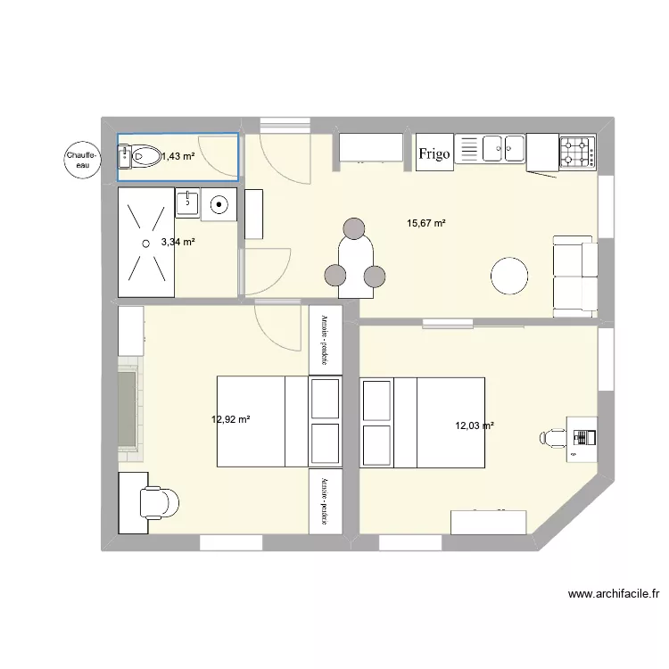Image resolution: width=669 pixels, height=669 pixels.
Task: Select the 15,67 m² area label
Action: (425, 223)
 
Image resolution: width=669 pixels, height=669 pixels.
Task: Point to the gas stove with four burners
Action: (576, 153)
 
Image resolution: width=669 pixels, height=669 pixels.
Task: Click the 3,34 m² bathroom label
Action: (178, 241)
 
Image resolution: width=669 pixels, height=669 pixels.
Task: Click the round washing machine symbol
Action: (219, 205)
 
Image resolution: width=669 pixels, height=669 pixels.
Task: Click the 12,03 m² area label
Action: (474, 425)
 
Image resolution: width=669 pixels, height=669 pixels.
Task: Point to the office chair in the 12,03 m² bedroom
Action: (555, 436)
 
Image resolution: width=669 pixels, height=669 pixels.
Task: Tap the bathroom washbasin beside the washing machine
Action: (188, 202)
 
